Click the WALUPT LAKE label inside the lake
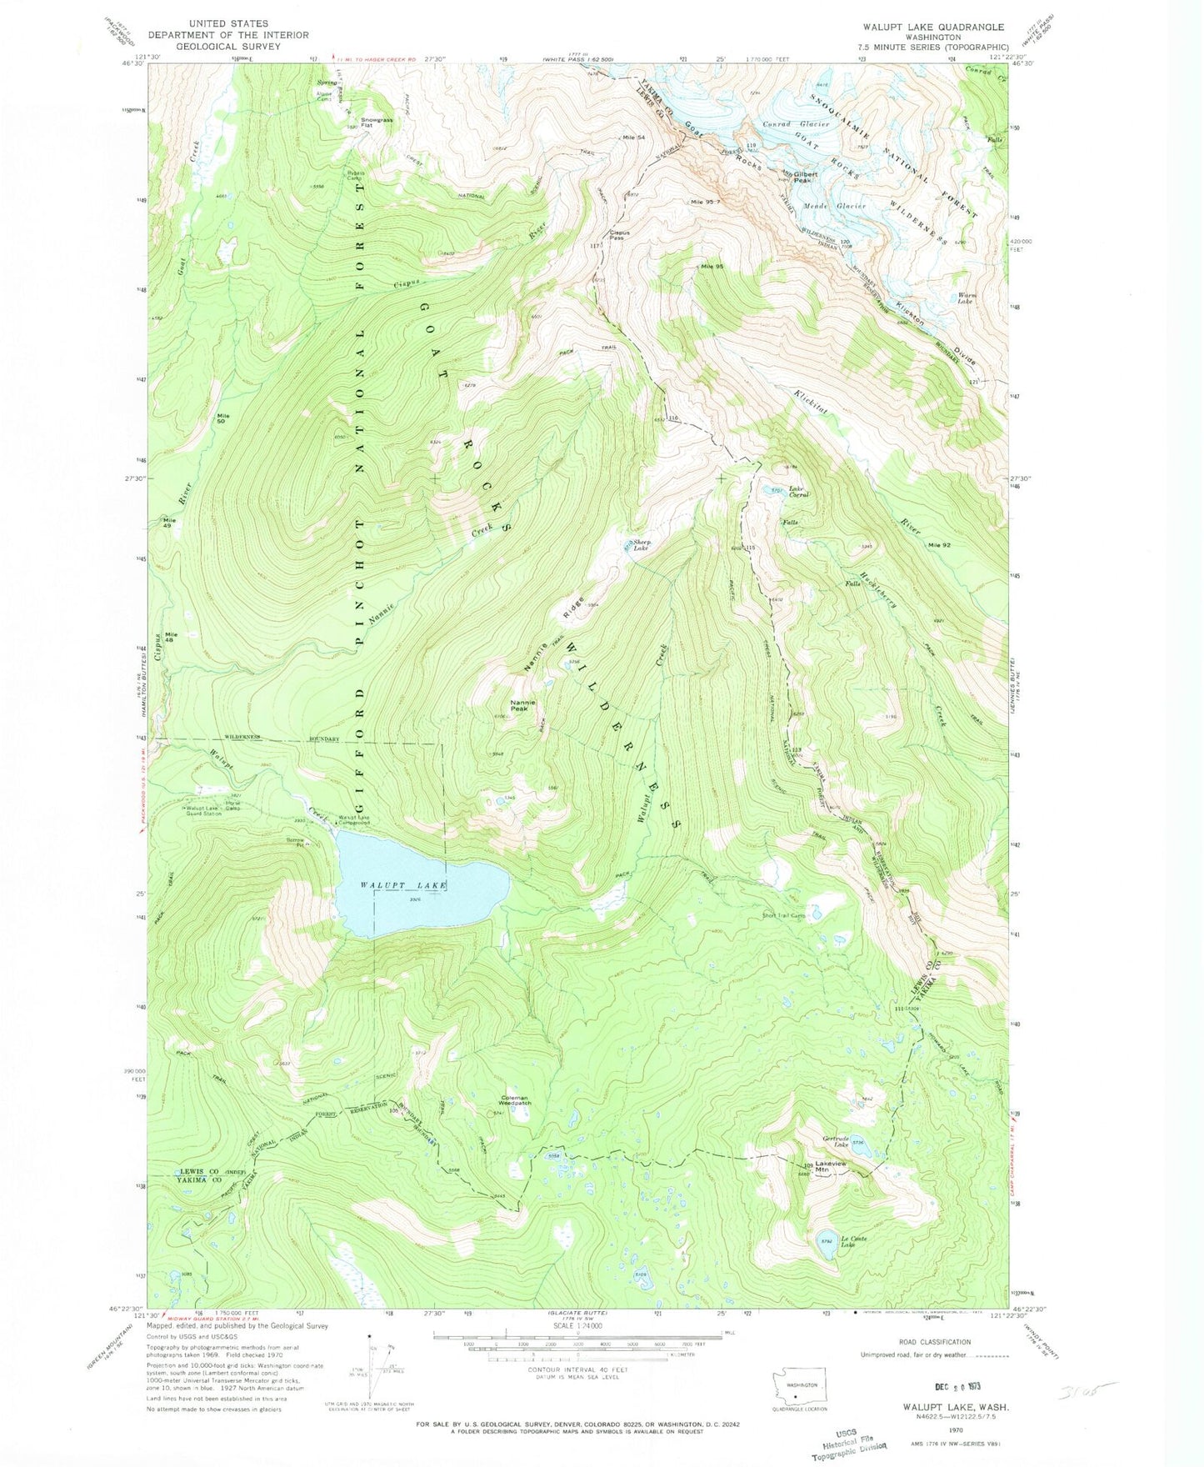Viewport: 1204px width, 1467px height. click(403, 884)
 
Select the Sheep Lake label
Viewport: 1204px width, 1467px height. click(641, 545)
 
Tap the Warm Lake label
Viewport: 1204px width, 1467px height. click(966, 298)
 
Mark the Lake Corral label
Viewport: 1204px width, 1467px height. click(798, 492)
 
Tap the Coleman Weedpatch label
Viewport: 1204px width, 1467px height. click(515, 1101)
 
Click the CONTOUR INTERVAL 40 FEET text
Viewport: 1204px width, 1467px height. click(577, 1369)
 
